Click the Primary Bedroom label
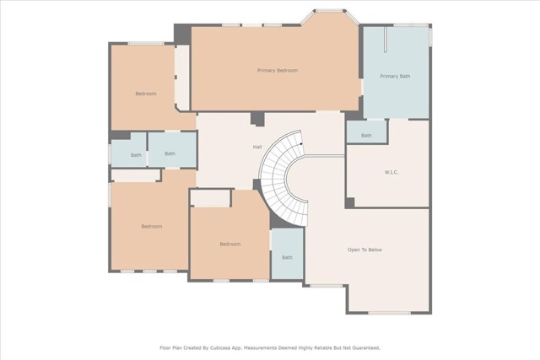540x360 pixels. [278, 71]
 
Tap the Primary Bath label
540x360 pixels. [395, 76]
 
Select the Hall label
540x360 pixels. [257, 147]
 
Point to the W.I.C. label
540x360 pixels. [391, 172]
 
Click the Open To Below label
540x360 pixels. [364, 250]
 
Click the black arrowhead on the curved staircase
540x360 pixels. [302, 144]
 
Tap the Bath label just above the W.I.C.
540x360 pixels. [366, 136]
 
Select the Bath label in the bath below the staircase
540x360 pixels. [287, 257]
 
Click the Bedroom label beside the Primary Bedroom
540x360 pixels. [146, 94]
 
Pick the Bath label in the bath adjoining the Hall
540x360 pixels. [170, 153]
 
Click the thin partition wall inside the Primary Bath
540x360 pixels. [386, 40]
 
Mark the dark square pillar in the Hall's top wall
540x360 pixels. [256, 119]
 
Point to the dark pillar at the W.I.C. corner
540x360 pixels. [350, 202]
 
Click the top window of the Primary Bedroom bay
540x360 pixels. [330, 11]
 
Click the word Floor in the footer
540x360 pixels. [165, 348]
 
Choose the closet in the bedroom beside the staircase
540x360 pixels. [210, 198]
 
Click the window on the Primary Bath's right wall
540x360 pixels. [430, 35]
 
